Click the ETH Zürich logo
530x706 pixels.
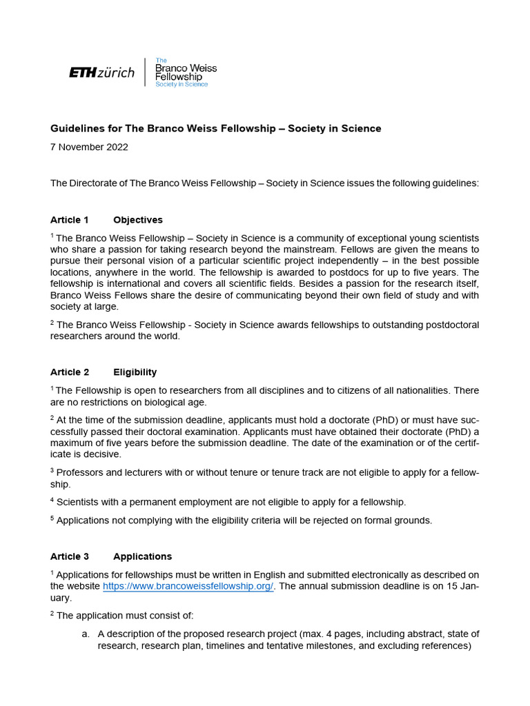click(102, 72)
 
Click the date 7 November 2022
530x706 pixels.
click(89, 147)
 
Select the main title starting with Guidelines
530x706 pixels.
click(215, 128)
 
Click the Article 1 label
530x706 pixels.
click(70, 220)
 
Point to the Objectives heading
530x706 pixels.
click(138, 220)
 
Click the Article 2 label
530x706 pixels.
click(70, 372)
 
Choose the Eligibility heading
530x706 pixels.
click(135, 372)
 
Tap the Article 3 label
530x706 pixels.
click(70, 556)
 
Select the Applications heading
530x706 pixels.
click(143, 556)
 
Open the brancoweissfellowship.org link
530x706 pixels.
click(188, 586)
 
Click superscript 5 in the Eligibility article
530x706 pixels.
click(52, 518)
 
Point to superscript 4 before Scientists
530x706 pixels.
click(52, 499)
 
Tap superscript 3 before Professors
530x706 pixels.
click(52, 470)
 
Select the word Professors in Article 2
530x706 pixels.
click(81, 472)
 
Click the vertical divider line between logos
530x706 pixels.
click(145, 72)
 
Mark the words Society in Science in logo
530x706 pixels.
click(181, 84)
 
